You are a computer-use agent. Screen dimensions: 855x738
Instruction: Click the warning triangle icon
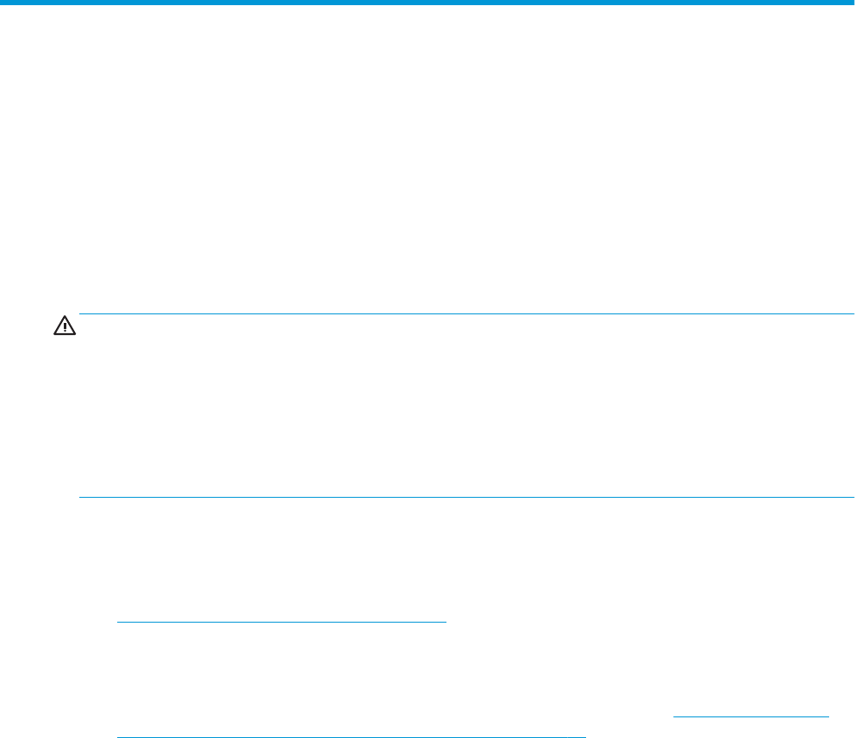click(65, 325)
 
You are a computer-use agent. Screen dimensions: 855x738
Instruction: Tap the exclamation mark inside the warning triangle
click(65, 326)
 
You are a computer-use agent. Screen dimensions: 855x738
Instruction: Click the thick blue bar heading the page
click(427, 3)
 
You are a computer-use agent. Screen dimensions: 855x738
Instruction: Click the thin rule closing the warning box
click(465, 498)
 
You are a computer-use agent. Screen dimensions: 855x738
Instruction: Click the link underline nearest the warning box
click(282, 621)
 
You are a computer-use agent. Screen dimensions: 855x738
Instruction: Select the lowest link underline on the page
click(351, 736)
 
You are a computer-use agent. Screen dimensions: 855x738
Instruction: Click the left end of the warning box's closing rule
click(79, 498)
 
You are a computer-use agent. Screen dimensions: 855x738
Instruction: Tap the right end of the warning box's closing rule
click(852, 498)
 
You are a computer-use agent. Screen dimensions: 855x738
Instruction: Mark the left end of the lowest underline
click(117, 736)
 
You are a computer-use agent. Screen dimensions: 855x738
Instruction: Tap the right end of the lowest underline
click(585, 736)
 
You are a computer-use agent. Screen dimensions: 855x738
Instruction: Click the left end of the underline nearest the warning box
click(117, 621)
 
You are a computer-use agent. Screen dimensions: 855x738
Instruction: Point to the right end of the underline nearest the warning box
click(446, 621)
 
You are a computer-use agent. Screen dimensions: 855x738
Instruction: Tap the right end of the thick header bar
click(853, 3)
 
